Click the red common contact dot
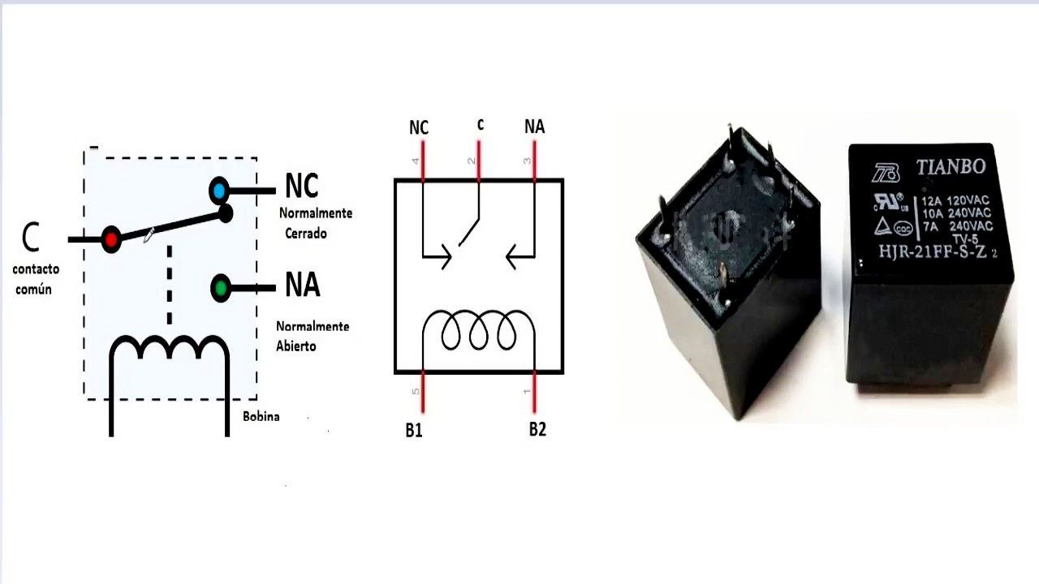(110, 239)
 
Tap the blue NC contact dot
(219, 191)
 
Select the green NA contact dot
(220, 287)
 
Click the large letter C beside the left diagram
(30, 237)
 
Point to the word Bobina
(261, 416)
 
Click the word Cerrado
(305, 233)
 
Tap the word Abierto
(295, 346)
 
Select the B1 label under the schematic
(414, 430)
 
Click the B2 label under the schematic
(537, 429)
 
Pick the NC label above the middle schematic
(419, 127)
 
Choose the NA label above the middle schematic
(534, 127)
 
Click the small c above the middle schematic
(480, 124)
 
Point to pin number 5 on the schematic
(416, 392)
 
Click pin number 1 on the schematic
(528, 392)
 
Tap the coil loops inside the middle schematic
(479, 331)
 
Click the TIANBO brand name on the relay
(951, 167)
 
